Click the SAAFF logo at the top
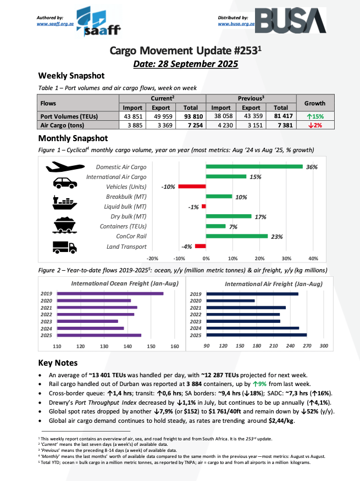point(98,22)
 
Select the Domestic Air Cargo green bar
point(254,167)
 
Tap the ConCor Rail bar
point(237,236)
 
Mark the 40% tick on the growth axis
point(313,258)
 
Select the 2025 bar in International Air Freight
point(256,335)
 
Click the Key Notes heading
point(58,363)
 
